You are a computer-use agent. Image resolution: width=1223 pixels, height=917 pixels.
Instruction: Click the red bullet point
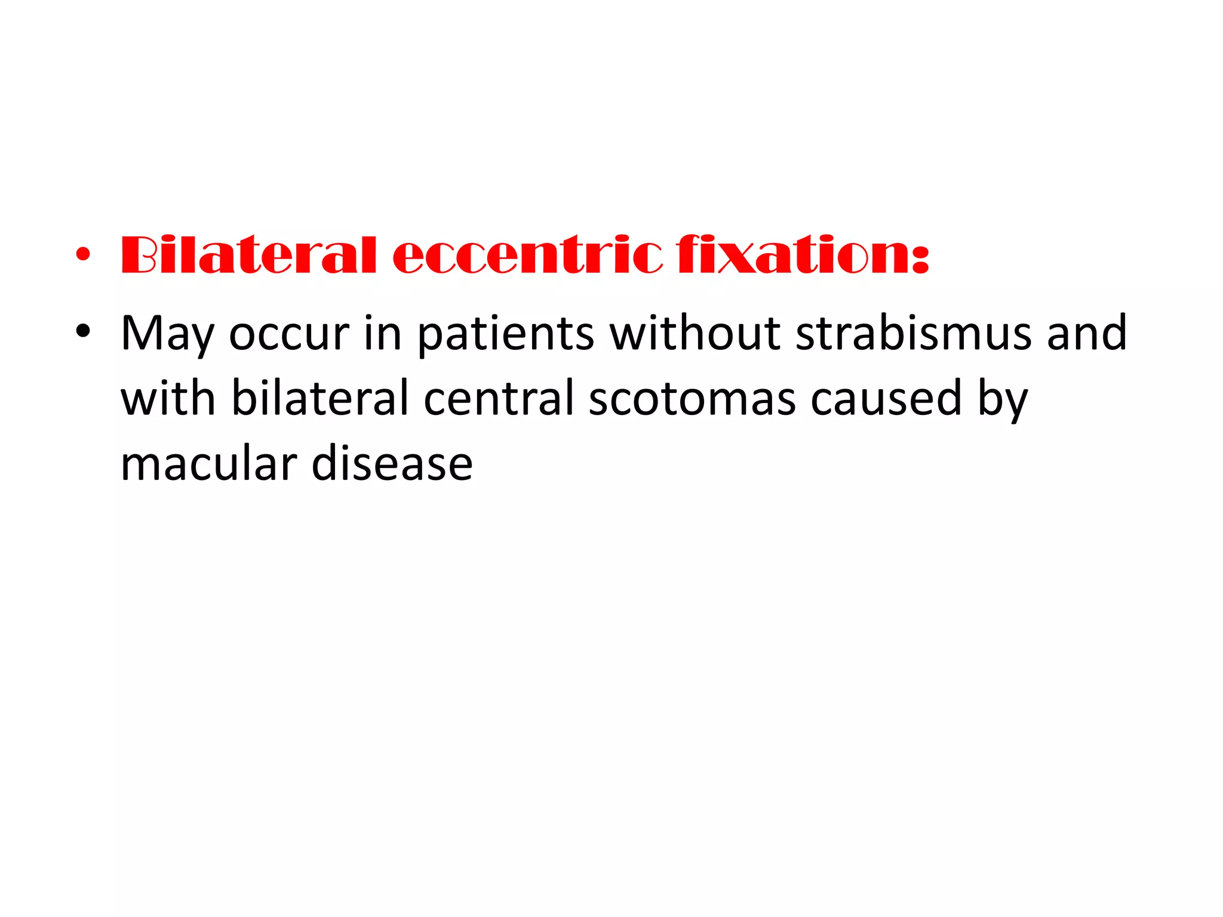point(83,255)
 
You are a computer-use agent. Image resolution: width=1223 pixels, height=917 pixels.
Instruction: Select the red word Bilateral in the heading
point(248,255)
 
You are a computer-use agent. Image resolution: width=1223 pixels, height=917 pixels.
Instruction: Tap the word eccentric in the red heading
point(527,255)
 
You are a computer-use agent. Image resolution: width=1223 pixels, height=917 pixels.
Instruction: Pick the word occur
point(289,333)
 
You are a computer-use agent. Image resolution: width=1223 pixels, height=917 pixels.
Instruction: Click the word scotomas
point(692,399)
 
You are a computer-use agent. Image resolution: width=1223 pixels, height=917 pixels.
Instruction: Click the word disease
point(392,464)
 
